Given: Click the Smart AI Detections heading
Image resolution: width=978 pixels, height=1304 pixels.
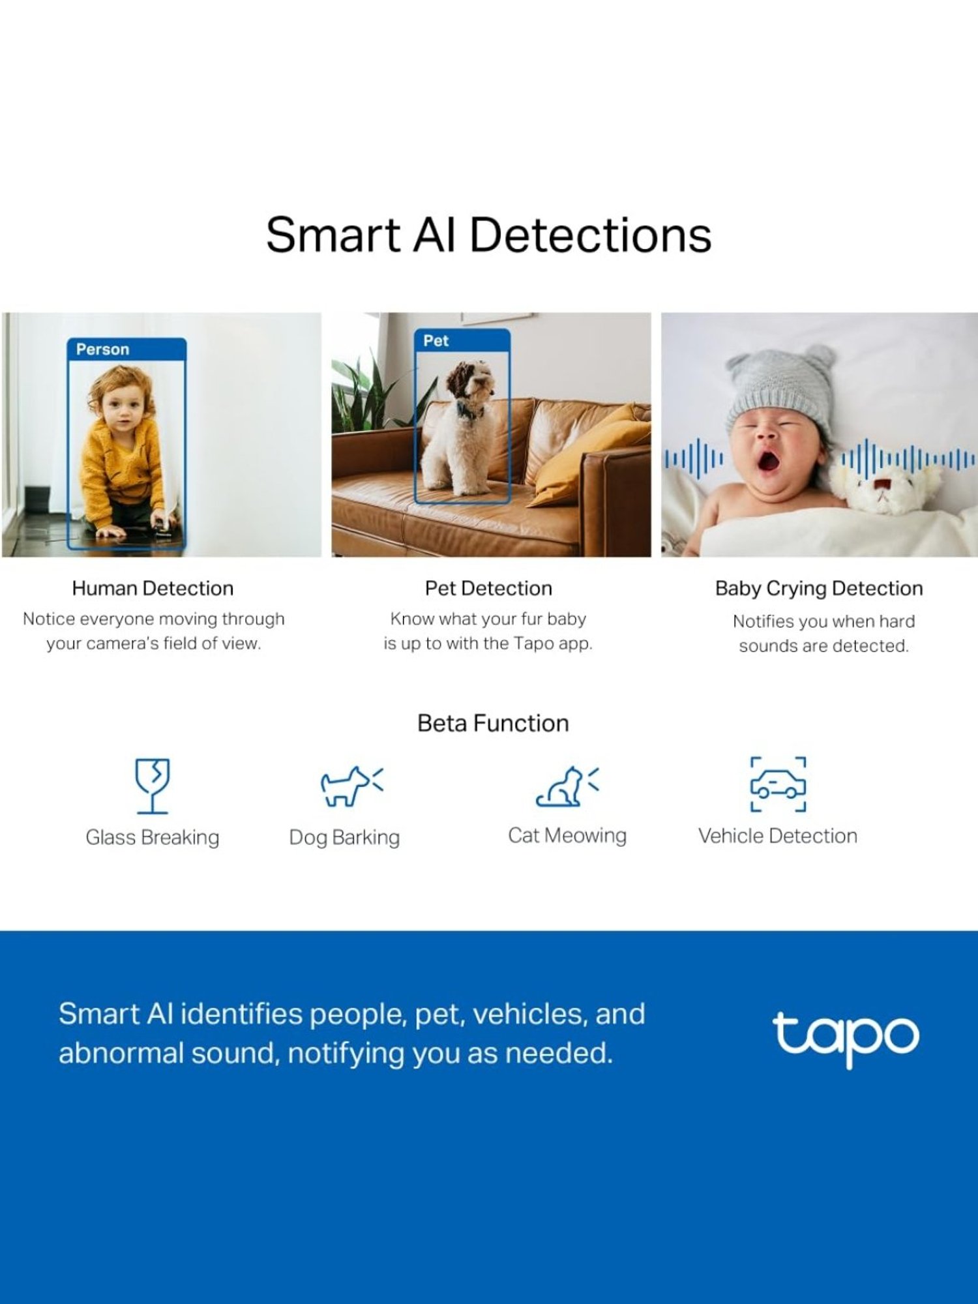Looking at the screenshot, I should click(x=488, y=235).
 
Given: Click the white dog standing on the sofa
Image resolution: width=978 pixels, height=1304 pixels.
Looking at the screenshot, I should click(x=460, y=434).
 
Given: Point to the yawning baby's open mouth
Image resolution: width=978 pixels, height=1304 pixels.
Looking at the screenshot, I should click(x=769, y=462).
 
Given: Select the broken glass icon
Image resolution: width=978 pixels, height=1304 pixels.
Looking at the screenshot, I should click(x=153, y=785).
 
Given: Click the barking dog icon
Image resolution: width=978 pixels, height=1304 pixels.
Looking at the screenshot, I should click(x=350, y=786).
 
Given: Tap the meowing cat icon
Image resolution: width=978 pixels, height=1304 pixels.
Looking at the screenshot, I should click(x=566, y=786).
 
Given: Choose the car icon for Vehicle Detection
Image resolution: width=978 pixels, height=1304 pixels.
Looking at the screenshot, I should click(x=778, y=784).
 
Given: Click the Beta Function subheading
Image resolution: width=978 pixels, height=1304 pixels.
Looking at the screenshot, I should click(x=493, y=723).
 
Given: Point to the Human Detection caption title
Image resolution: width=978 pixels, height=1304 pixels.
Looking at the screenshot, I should click(x=153, y=588).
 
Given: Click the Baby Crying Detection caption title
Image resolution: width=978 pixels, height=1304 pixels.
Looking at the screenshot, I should click(x=819, y=588).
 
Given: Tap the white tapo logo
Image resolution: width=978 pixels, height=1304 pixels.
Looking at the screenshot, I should click(x=846, y=1037).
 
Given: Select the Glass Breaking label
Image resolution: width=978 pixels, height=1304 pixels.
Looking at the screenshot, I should click(x=153, y=837).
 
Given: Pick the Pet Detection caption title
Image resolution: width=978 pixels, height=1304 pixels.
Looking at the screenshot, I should click(x=488, y=588).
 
